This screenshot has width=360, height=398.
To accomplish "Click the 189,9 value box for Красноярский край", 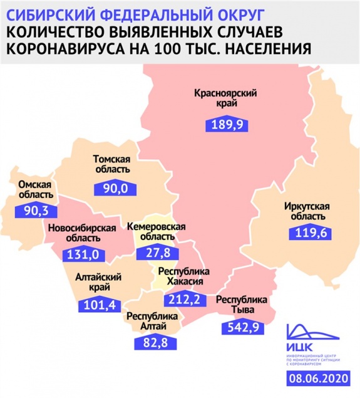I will click(x=227, y=124).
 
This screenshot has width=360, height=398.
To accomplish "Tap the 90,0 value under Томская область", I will click(x=114, y=188).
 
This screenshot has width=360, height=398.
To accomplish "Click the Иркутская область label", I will click(x=307, y=211).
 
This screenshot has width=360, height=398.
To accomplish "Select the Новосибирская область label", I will click(x=82, y=233).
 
